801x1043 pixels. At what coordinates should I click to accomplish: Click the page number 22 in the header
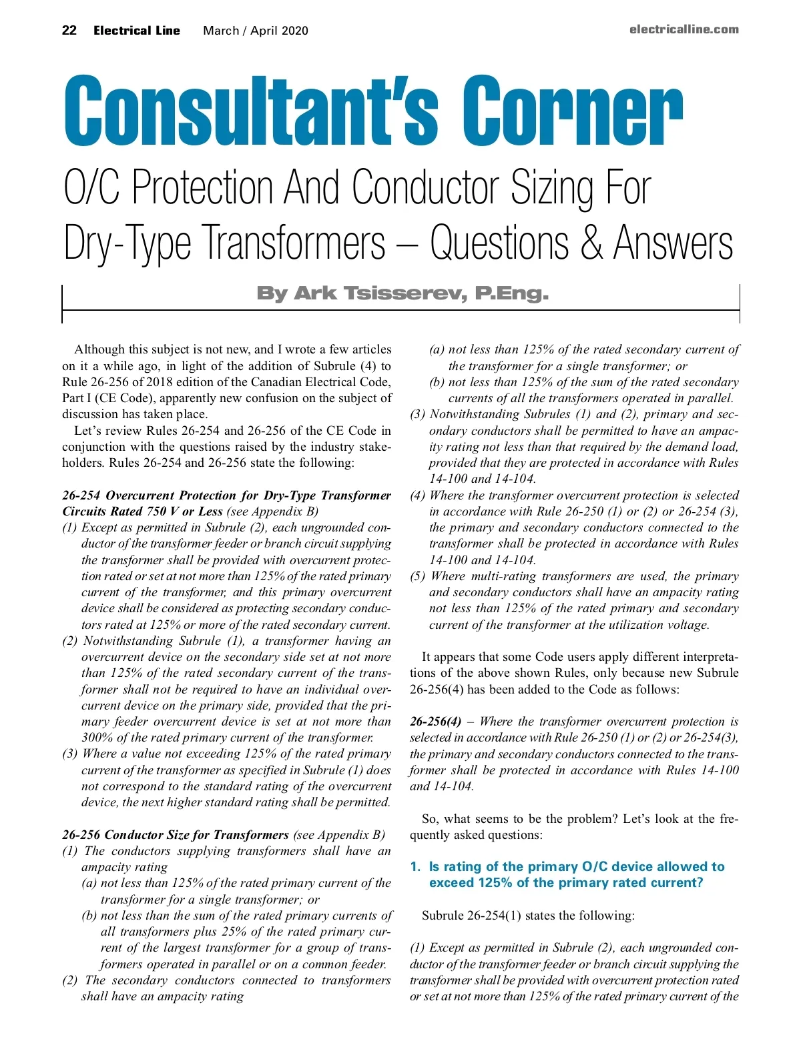[x=69, y=31]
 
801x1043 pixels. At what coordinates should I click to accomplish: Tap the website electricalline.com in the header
[x=684, y=29]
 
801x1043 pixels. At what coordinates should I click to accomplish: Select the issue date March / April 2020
[x=256, y=31]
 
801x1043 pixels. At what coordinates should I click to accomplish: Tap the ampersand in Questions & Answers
[x=591, y=243]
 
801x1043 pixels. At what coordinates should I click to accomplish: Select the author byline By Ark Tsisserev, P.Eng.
[x=402, y=293]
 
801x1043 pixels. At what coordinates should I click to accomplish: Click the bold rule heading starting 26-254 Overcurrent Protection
[x=226, y=495]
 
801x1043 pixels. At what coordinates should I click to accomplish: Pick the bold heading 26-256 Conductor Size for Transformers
[x=175, y=835]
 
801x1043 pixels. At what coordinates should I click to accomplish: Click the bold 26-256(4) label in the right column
[x=435, y=722]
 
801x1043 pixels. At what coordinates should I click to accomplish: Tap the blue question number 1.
[x=415, y=867]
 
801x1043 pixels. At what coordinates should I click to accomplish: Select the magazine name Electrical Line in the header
[x=137, y=31]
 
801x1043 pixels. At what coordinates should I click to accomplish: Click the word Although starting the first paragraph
[x=99, y=349]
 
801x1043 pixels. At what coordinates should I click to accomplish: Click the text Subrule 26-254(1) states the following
[x=528, y=916]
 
